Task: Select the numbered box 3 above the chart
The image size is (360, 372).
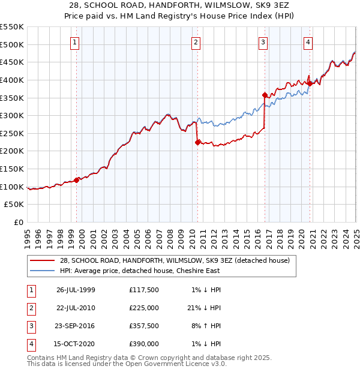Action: (x=263, y=42)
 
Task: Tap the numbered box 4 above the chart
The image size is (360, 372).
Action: (x=308, y=42)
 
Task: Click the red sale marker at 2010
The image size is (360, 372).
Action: (x=197, y=142)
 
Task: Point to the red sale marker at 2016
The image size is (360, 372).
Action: (x=265, y=95)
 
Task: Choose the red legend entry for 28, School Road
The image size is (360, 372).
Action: (x=175, y=260)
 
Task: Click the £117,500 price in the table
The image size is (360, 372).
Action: (x=143, y=290)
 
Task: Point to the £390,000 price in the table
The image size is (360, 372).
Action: (x=143, y=344)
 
